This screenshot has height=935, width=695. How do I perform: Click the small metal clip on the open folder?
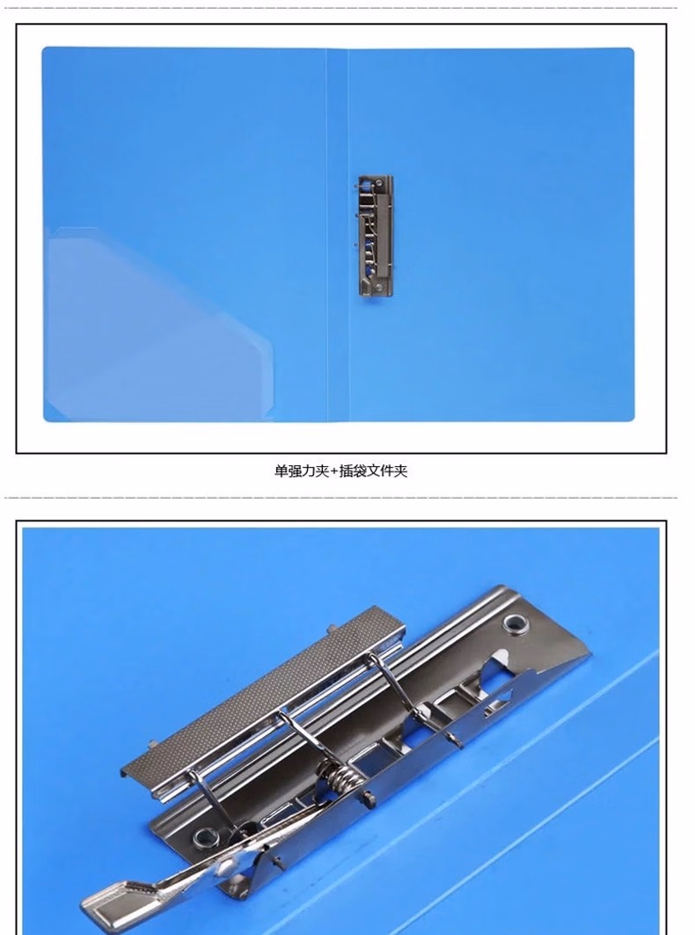point(375,235)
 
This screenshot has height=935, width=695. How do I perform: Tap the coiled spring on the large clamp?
point(341,778)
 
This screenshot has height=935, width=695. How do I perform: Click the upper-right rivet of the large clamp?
point(513,625)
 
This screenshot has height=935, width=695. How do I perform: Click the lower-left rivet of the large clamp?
point(207,836)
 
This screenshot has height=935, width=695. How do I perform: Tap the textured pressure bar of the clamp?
point(264,695)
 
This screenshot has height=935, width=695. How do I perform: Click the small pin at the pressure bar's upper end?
point(333,628)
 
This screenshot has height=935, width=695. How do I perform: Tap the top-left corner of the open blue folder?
point(46,51)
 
